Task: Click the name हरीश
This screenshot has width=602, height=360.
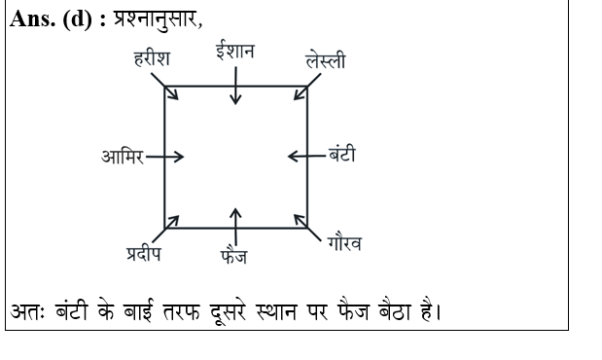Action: click(153, 59)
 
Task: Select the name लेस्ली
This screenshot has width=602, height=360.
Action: click(325, 61)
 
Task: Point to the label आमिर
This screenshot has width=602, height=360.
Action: click(122, 157)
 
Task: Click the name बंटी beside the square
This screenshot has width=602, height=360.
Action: click(341, 155)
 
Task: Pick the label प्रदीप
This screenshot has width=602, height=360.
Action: click(143, 255)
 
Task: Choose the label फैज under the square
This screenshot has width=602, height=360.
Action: click(233, 258)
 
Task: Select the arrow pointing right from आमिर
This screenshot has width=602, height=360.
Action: click(164, 157)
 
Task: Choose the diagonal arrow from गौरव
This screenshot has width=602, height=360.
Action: click(304, 225)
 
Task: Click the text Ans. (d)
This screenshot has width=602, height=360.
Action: click(51, 19)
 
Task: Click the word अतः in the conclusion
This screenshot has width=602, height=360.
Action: click(26, 313)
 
